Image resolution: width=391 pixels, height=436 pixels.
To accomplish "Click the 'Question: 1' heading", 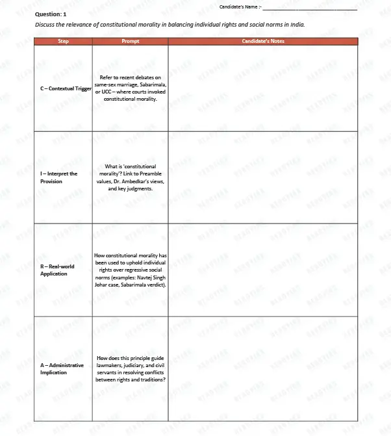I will click(x=50, y=14).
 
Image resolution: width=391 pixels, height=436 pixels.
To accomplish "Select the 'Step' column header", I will click(x=64, y=41).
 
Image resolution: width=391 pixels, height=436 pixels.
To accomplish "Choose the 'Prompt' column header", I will click(x=130, y=41).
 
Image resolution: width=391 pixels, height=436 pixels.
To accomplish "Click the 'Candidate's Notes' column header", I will click(x=262, y=41).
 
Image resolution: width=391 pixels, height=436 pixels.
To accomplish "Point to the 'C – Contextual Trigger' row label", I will click(x=66, y=88).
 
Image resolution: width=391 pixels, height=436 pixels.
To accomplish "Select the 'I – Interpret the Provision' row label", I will click(x=59, y=177).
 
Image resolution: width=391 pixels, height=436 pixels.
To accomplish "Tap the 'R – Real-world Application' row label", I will click(x=57, y=270).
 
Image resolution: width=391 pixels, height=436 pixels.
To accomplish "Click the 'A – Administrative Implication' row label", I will click(x=62, y=368).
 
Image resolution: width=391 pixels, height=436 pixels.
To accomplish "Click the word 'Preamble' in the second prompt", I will click(x=149, y=174).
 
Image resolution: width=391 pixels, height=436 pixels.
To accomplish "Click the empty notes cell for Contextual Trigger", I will click(x=262, y=88).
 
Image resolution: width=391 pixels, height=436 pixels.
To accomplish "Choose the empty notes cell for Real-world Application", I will click(x=262, y=270).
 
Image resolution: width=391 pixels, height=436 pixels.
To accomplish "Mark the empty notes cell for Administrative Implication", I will click(x=262, y=368).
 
